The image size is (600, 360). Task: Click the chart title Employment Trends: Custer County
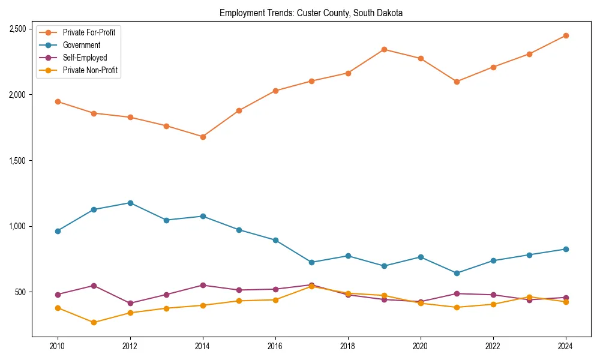click(311, 13)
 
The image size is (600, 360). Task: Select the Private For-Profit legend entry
click(89, 32)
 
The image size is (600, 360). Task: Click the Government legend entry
click(81, 45)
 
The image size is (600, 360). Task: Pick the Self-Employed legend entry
click(85, 58)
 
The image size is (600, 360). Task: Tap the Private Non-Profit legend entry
click(90, 71)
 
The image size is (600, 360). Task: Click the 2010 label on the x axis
click(58, 346)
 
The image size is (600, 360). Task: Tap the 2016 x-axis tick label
click(275, 346)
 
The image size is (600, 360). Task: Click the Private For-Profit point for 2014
click(203, 137)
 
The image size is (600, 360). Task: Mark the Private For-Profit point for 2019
click(384, 49)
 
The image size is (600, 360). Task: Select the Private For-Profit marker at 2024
click(566, 35)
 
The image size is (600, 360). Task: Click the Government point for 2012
click(130, 203)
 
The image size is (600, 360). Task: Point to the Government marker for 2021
click(457, 273)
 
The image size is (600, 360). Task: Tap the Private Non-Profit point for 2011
click(94, 322)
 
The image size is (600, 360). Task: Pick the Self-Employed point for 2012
click(130, 303)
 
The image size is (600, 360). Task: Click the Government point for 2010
click(58, 231)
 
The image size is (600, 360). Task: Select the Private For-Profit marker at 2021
click(457, 82)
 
